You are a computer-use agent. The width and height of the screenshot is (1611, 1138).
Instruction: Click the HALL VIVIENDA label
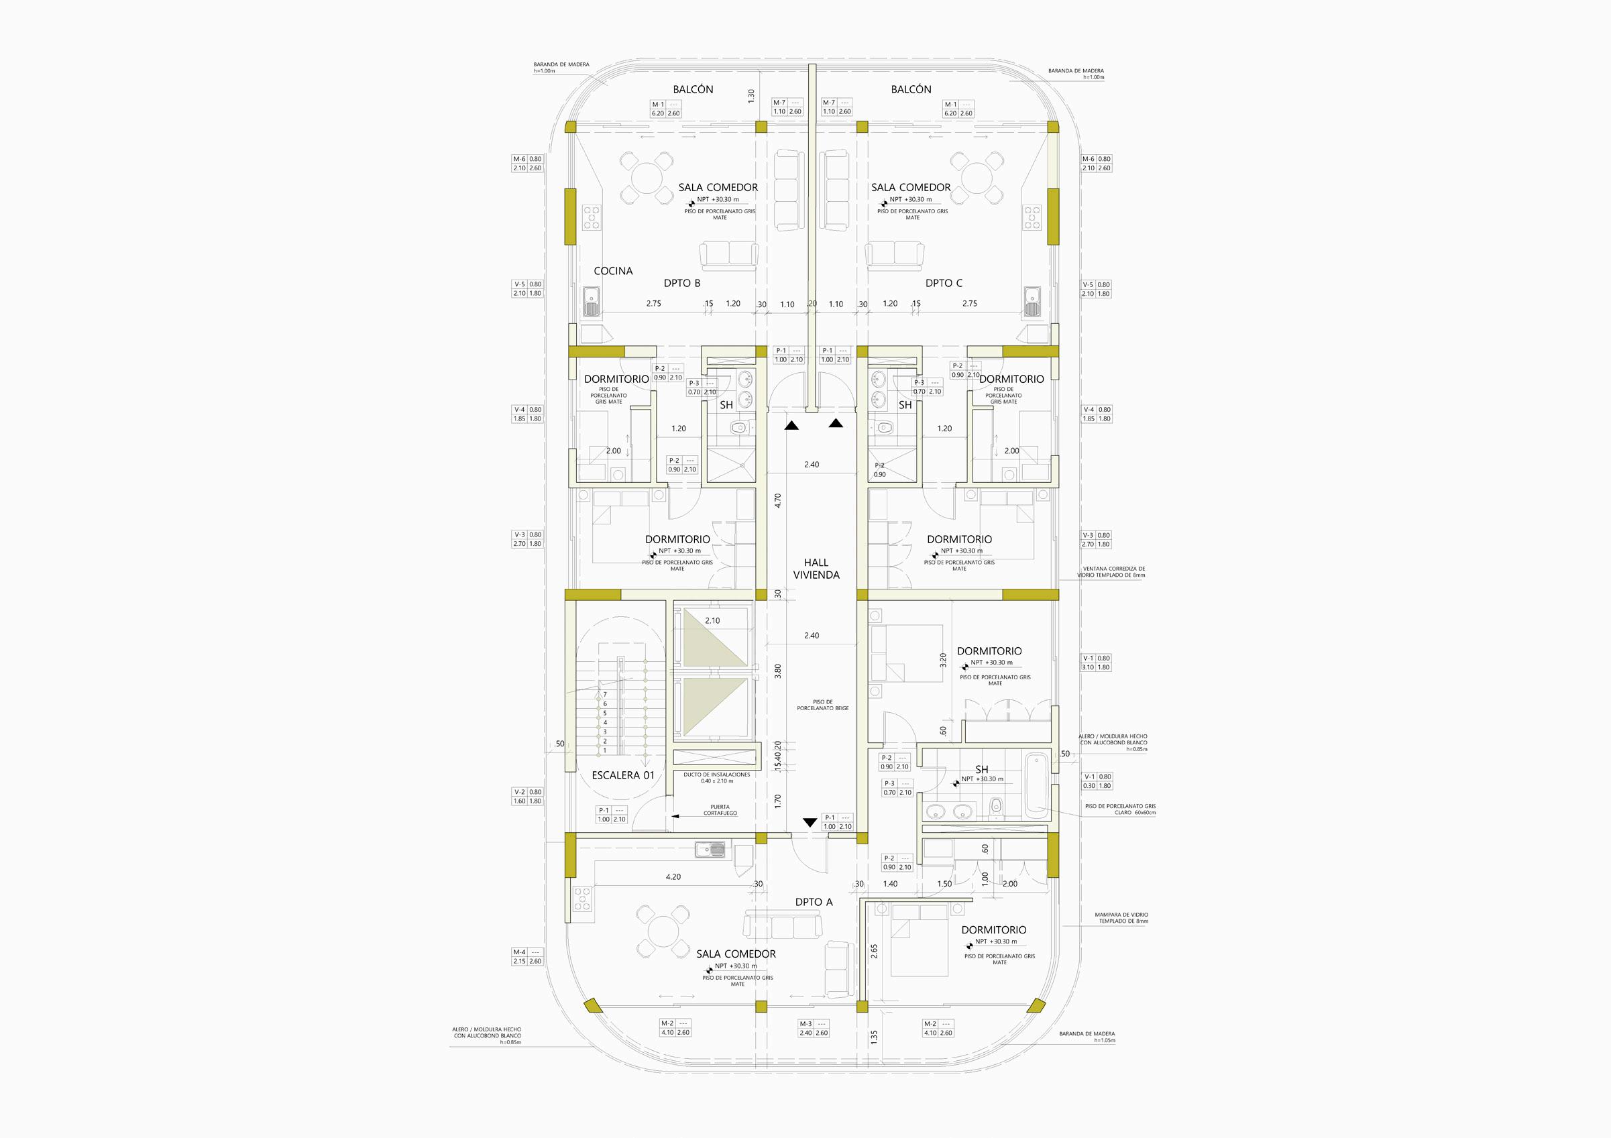[x=816, y=568]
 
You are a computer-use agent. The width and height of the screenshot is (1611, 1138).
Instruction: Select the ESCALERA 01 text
[x=623, y=775]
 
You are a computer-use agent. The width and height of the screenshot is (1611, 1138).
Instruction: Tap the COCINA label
[x=613, y=271]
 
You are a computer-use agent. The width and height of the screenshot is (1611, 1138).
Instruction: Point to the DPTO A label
[x=814, y=902]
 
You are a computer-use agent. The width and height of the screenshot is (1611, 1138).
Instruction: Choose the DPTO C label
[x=944, y=283]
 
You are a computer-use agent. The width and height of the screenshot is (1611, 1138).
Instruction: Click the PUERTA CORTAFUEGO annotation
[x=716, y=810]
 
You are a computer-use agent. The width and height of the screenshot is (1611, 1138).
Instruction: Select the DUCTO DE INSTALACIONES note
[x=716, y=777]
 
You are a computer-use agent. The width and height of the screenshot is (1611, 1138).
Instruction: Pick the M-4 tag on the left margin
[x=528, y=956]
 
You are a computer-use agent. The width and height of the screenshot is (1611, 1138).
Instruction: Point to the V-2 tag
[x=528, y=796]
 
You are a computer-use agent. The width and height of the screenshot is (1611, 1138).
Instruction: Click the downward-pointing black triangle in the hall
[x=810, y=822]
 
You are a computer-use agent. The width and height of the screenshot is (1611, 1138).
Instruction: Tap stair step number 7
[x=605, y=694]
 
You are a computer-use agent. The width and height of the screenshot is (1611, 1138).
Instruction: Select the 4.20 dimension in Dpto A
[x=673, y=876]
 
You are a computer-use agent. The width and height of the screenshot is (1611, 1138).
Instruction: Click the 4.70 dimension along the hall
[x=777, y=501]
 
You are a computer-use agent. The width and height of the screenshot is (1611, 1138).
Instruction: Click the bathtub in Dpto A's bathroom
[x=1036, y=786]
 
